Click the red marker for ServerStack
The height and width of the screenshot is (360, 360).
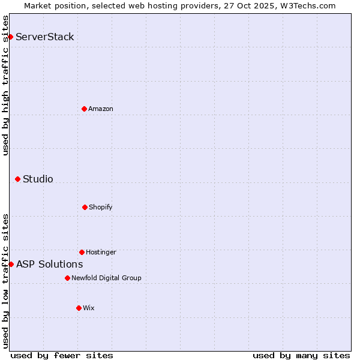[10, 37]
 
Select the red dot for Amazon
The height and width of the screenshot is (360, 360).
[84, 109]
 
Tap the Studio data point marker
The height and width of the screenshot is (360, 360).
[17, 179]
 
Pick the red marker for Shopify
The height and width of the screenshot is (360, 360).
[85, 207]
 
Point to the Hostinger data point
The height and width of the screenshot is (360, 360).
[82, 252]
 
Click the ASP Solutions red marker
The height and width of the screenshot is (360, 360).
[11, 264]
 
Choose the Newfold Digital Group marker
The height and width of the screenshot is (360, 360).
[67, 278]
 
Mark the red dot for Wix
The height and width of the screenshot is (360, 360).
[79, 308]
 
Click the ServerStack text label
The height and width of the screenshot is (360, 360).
[45, 37]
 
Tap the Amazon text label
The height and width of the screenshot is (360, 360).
[101, 109]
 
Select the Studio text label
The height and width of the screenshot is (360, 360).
[38, 179]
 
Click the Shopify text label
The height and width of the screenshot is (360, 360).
[101, 208]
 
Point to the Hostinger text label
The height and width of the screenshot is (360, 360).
[101, 253]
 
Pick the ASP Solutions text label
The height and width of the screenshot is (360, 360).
[49, 264]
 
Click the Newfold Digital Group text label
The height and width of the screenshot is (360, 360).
[106, 278]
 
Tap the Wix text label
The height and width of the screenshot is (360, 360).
[89, 308]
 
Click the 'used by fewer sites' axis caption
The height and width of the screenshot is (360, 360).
[62, 355]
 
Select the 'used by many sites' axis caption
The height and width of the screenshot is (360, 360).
[301, 355]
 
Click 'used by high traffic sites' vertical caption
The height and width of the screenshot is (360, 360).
[5, 85]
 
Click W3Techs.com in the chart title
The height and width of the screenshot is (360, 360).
[306, 5]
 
